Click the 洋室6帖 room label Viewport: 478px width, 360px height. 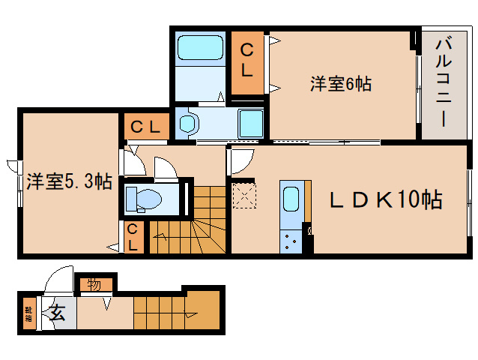coord(341,84)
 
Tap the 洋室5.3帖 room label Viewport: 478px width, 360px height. coord(69,181)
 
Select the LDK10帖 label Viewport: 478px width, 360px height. coord(386,199)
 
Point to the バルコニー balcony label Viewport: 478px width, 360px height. coord(441,84)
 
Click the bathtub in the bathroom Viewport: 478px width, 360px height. coord(200,49)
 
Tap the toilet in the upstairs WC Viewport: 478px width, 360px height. coord(144,199)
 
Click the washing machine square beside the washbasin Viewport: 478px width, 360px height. coord(250,123)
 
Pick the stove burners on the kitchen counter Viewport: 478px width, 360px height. coord(290,239)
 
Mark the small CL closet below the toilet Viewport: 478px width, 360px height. coord(133,237)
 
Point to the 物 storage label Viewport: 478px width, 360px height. coord(94,285)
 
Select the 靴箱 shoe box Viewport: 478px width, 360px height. coord(28,313)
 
